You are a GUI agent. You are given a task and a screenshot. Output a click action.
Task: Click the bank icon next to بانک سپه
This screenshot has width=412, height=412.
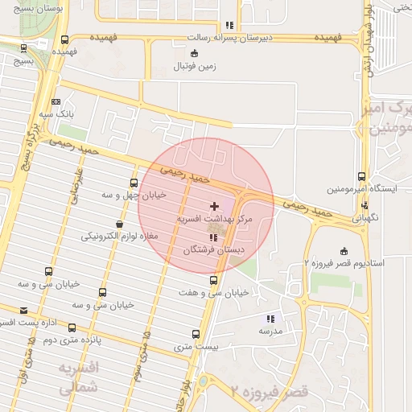tap(56, 101)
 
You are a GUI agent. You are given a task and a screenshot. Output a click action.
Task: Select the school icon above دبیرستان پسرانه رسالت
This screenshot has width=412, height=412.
tap(230, 25)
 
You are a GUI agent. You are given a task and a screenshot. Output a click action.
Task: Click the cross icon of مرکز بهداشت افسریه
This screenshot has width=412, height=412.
tap(214, 207)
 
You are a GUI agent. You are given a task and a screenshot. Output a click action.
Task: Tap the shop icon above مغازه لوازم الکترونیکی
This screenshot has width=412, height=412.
tap(120, 224)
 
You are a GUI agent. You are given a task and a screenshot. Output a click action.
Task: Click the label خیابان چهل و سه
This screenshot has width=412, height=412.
tap(134, 195)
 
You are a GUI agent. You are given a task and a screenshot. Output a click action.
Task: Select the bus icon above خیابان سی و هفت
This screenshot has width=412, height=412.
tap(213, 280)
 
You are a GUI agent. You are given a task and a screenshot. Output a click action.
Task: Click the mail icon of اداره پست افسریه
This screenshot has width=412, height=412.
tap(23, 311)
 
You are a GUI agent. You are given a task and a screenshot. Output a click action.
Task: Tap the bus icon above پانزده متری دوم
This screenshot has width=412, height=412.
tap(72, 328)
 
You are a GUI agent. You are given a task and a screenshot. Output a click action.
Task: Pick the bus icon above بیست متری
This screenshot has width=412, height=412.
tap(196, 334)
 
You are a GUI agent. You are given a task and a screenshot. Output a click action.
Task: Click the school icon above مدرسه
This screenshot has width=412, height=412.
tap(270, 319)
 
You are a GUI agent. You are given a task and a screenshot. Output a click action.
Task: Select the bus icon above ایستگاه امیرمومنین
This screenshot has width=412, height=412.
tap(360, 177)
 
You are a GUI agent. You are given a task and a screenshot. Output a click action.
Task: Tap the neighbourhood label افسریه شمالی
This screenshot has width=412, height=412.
tap(77, 377)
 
